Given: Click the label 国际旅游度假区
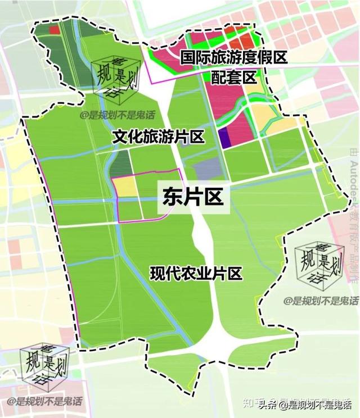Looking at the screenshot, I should tap(234, 57).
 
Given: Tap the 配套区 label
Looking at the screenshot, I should tap(234, 78).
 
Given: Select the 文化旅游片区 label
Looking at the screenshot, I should tap(158, 137).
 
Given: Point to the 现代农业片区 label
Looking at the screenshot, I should tap(196, 274).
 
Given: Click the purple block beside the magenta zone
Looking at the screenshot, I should tap(225, 138).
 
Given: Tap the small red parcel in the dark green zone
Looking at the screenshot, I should tap(54, 30).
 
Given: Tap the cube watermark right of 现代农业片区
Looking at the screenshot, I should tap(319, 269).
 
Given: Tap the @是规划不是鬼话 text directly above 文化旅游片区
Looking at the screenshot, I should tap(112, 117).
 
